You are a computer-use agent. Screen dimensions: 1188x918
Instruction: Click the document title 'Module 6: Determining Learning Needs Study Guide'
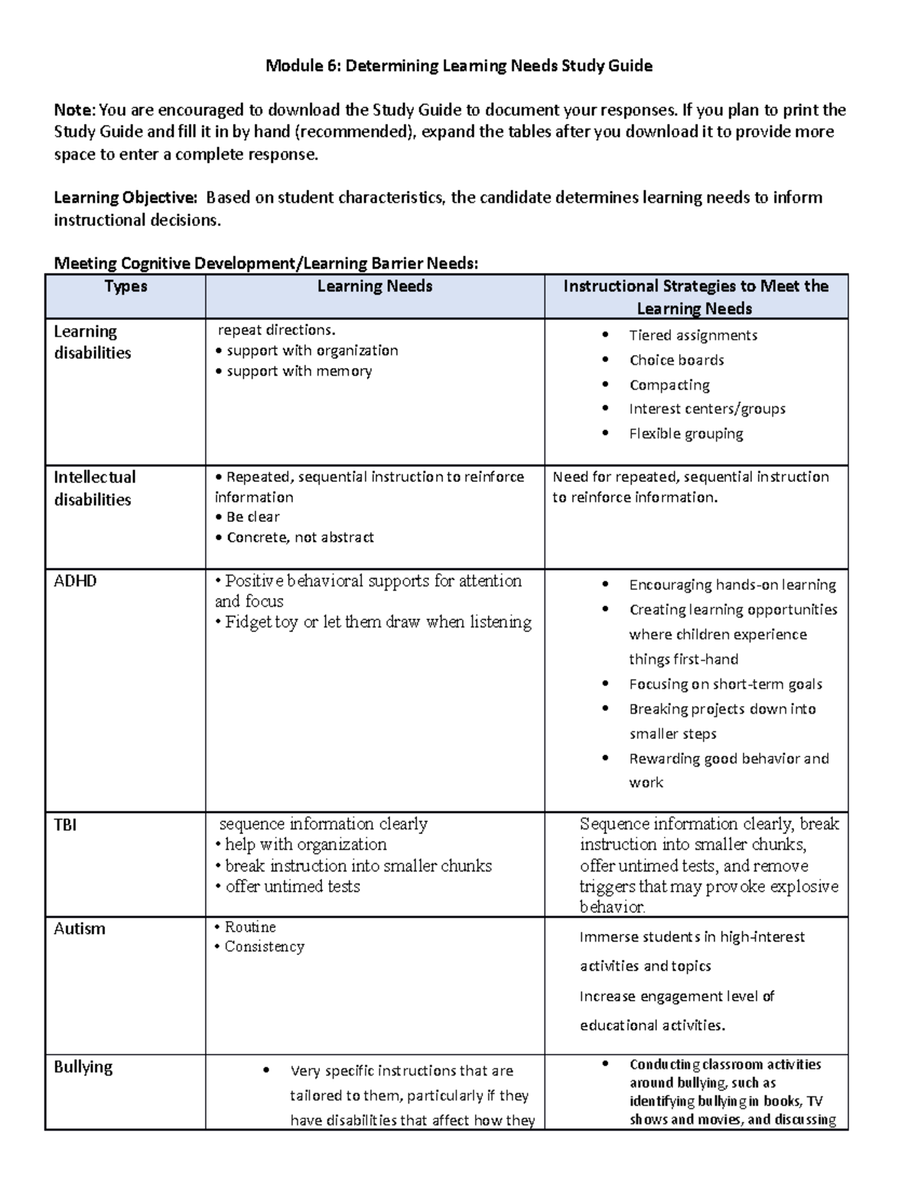click(458, 66)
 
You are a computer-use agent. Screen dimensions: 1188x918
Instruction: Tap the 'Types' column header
click(125, 287)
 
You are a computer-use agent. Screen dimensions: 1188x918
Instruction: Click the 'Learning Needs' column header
click(375, 287)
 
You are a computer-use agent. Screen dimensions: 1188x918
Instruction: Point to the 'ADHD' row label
click(75, 581)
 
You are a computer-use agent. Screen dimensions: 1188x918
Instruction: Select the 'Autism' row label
click(79, 929)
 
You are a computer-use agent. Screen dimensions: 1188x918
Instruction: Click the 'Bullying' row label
click(83, 1067)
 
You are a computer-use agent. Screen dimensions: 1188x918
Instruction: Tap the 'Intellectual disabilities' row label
click(94, 488)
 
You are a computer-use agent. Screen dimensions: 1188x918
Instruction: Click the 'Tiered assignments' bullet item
click(693, 335)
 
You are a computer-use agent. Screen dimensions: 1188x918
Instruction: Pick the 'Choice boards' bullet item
click(676, 360)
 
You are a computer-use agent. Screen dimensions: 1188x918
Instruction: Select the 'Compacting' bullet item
click(669, 385)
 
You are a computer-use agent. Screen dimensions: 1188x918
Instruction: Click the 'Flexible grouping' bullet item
click(686, 434)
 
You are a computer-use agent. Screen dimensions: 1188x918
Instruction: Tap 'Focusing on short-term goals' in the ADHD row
click(725, 685)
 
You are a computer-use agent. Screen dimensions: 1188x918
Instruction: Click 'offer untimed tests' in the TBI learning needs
click(292, 887)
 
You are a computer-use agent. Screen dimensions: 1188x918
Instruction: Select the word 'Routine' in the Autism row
click(250, 927)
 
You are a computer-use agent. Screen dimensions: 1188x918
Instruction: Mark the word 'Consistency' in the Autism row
click(264, 947)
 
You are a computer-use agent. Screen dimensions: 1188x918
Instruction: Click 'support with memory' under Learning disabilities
click(299, 371)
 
